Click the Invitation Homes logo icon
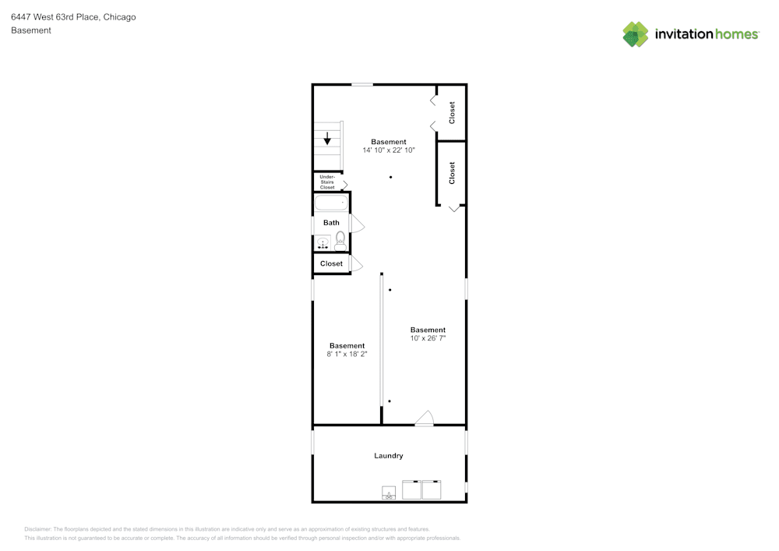(635, 34)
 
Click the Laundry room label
(389, 456)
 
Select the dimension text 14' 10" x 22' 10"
(389, 150)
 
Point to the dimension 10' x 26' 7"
(428, 338)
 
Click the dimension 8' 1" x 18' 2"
(347, 354)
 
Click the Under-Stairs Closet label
(327, 182)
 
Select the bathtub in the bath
(331, 203)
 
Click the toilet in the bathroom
(340, 242)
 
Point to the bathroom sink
(323, 243)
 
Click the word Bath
(331, 223)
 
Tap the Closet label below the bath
(331, 263)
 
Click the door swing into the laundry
(424, 419)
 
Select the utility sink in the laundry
(388, 493)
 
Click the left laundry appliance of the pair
(411, 489)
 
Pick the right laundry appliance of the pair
(432, 489)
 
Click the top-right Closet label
(452, 112)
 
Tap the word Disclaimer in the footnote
(37, 528)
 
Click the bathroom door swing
(358, 224)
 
